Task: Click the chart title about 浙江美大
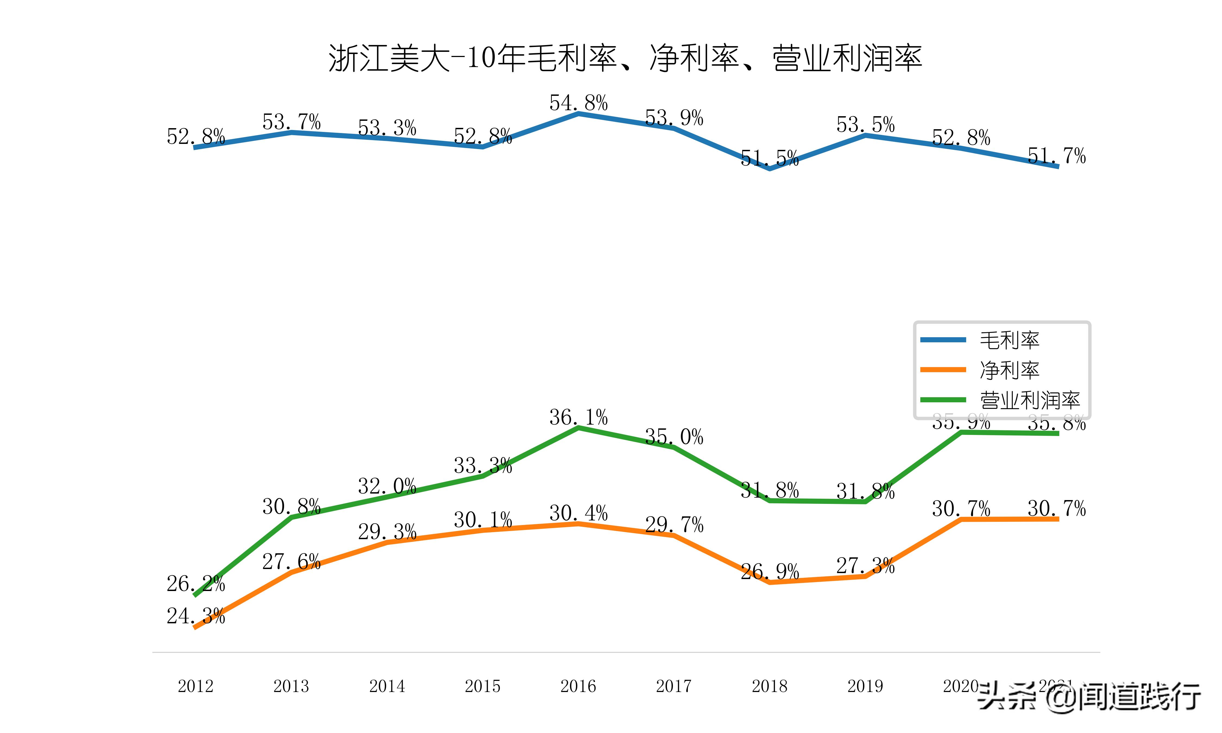click(x=625, y=58)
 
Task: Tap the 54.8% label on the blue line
click(x=578, y=103)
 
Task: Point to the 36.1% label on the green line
click(x=578, y=417)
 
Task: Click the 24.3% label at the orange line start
click(x=196, y=616)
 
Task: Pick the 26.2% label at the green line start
click(x=196, y=584)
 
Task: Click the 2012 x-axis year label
click(x=196, y=686)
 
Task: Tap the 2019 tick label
click(x=865, y=686)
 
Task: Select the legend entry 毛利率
click(x=1009, y=340)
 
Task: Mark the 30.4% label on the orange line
click(x=578, y=513)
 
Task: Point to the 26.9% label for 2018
click(x=770, y=571)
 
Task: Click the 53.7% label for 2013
click(x=291, y=122)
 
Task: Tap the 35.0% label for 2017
click(x=674, y=437)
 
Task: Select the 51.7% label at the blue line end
click(x=1057, y=156)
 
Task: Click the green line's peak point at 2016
click(x=578, y=428)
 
